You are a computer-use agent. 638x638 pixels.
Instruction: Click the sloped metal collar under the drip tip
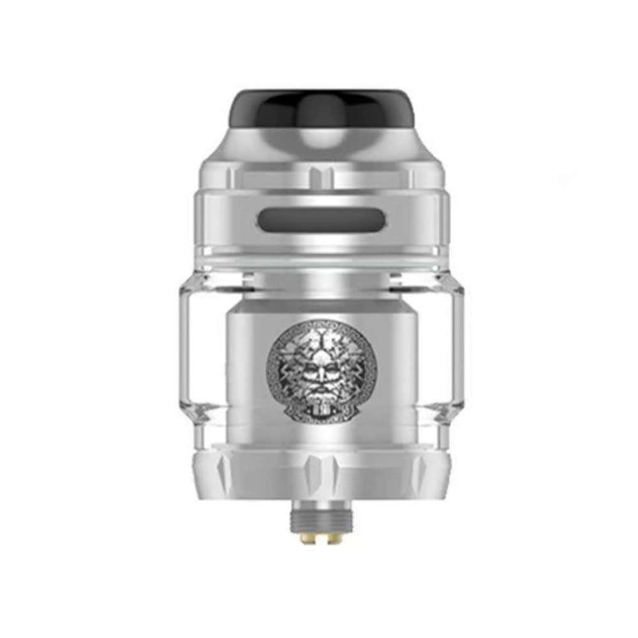319,144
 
